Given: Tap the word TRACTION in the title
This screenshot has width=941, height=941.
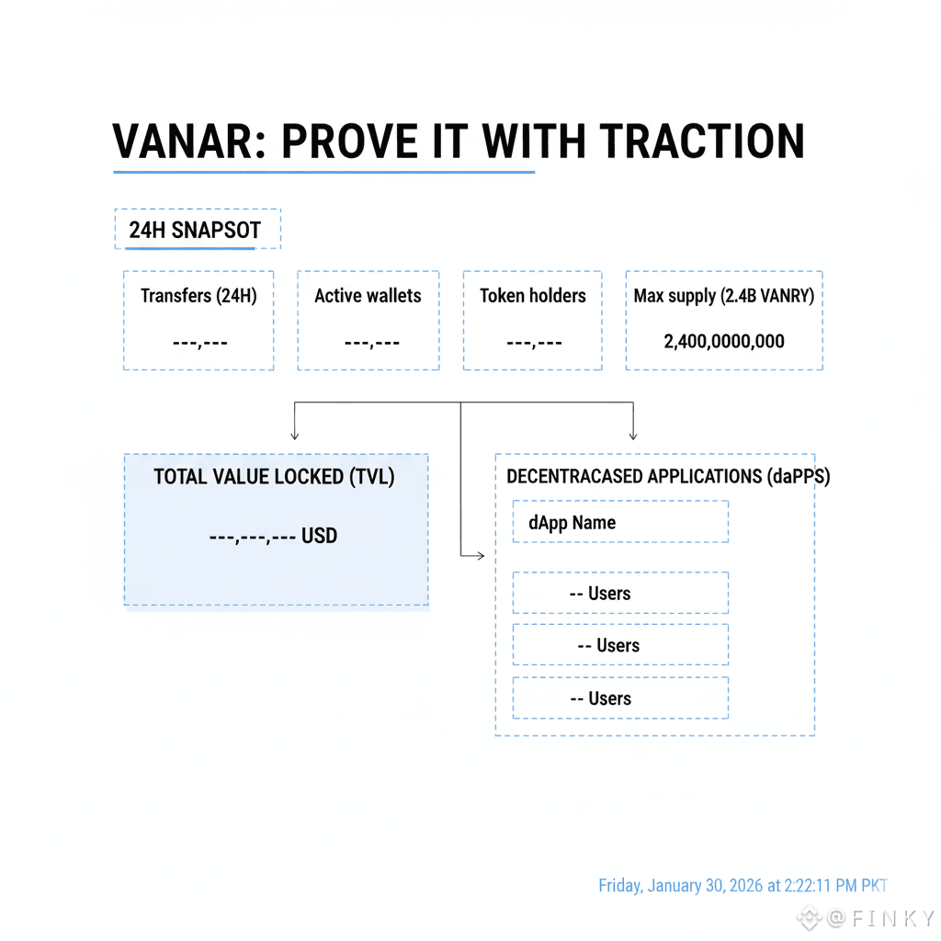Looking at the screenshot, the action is pyautogui.click(x=702, y=142).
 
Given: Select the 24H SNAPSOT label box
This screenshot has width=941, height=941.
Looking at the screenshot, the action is pyautogui.click(x=198, y=230).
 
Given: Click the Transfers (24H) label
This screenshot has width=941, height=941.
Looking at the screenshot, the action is pyautogui.click(x=198, y=296).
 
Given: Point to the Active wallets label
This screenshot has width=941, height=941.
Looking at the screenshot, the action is pyautogui.click(x=368, y=296).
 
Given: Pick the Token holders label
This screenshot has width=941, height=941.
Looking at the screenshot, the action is pyautogui.click(x=533, y=296).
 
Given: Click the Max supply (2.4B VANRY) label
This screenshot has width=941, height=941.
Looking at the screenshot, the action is pyautogui.click(x=724, y=296).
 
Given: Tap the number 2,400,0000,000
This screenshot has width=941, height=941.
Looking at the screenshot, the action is pyautogui.click(x=724, y=342).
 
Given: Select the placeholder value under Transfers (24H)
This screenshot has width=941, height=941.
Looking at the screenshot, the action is pyautogui.click(x=199, y=343).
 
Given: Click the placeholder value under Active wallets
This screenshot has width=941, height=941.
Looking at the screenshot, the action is pyautogui.click(x=371, y=343).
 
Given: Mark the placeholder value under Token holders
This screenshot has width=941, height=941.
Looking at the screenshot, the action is pyautogui.click(x=534, y=343).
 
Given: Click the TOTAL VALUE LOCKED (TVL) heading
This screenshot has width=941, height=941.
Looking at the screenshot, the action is pyautogui.click(x=274, y=477).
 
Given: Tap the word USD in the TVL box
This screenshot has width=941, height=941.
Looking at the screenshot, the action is pyautogui.click(x=319, y=535).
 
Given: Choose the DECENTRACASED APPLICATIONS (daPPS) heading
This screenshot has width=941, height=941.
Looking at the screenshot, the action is pyautogui.click(x=668, y=476).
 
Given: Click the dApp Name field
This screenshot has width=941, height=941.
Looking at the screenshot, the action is pyautogui.click(x=619, y=522).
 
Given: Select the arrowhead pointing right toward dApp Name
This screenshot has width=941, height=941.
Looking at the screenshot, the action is pyautogui.click(x=479, y=555).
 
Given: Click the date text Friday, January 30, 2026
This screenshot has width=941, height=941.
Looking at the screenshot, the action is pyautogui.click(x=689, y=886).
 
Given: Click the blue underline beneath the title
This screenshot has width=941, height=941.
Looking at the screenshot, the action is pyautogui.click(x=323, y=172).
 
